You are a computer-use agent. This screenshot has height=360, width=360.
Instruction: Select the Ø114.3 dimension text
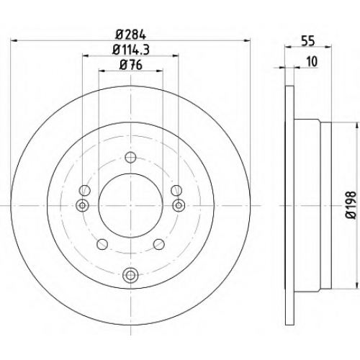131,50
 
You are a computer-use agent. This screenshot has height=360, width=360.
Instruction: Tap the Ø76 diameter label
131,65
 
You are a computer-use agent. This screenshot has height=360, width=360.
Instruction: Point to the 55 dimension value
308,42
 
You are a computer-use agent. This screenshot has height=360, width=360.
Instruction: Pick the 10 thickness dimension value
312,62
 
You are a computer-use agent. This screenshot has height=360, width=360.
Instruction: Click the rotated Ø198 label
351,205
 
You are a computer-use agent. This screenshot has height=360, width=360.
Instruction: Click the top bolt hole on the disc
130,158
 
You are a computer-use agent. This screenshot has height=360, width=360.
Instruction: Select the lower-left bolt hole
102,244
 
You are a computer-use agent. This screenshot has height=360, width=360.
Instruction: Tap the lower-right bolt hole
159,244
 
